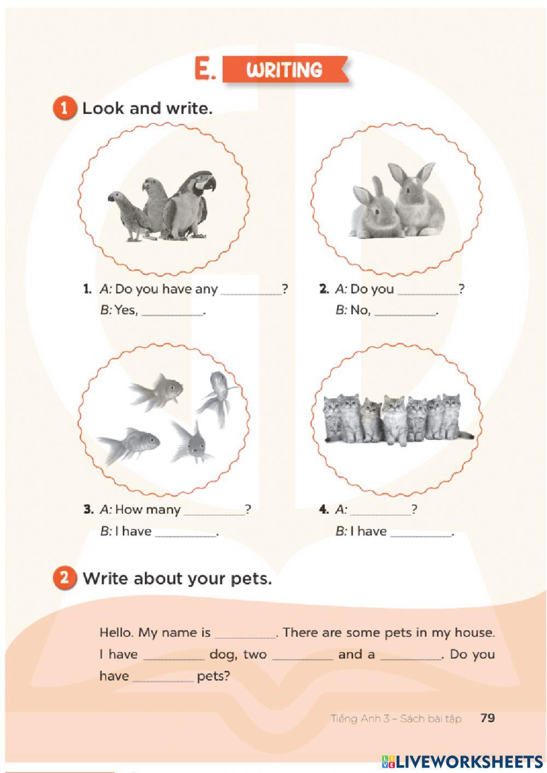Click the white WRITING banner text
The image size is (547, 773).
pos(284,69)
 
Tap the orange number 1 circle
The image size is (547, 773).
pos(64,109)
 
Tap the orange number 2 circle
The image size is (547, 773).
pos(64,577)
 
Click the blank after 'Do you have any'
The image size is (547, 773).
pos(251,294)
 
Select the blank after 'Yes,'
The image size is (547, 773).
pos(172,314)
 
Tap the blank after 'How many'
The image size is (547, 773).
pos(214,514)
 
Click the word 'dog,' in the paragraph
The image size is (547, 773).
pos(223,655)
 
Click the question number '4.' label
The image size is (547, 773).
pos(324,509)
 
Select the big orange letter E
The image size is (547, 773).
pos(205,69)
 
